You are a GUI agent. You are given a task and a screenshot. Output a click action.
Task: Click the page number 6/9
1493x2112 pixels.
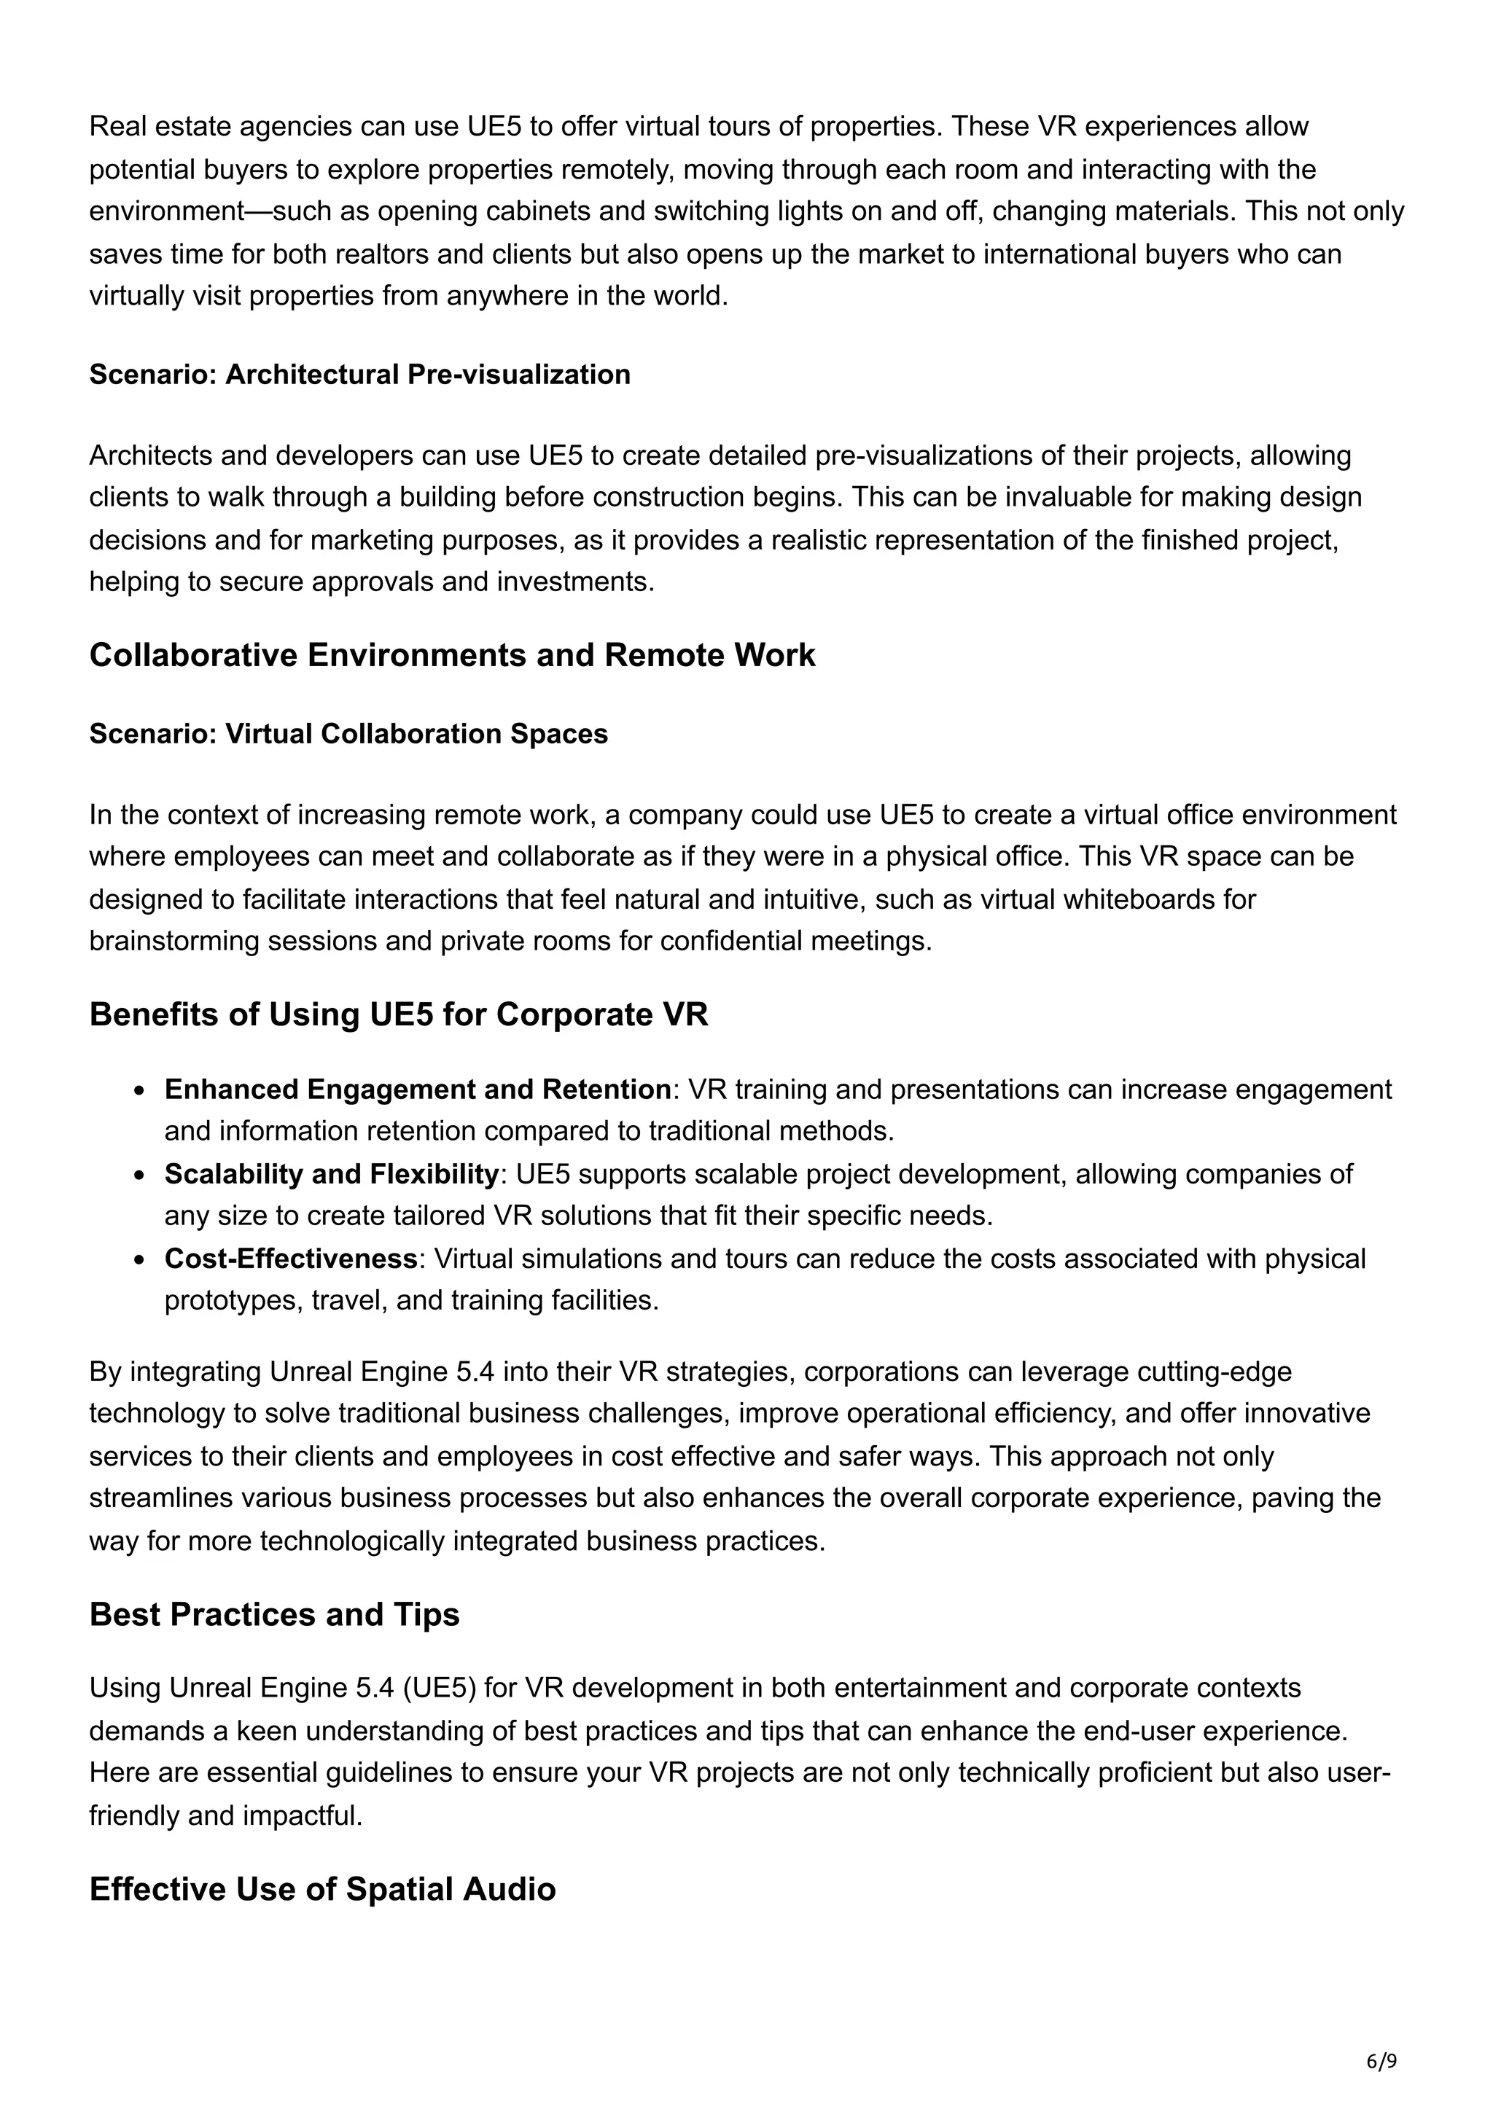point(1381,2060)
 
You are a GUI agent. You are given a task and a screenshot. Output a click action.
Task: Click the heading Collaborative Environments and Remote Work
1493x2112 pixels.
point(452,655)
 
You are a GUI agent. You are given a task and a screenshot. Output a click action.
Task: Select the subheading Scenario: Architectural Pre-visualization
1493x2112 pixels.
point(359,375)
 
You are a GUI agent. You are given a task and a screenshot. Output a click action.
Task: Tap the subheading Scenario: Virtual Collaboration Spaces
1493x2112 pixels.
point(348,733)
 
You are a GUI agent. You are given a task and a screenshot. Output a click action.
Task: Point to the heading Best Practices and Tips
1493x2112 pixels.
point(274,1614)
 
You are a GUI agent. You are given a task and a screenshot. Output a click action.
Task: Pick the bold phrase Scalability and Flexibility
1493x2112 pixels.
point(331,1174)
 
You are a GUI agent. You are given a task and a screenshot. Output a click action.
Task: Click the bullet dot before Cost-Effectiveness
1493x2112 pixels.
point(139,1259)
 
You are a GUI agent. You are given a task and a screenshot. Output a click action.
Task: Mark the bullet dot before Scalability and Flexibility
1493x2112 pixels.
point(139,1176)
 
